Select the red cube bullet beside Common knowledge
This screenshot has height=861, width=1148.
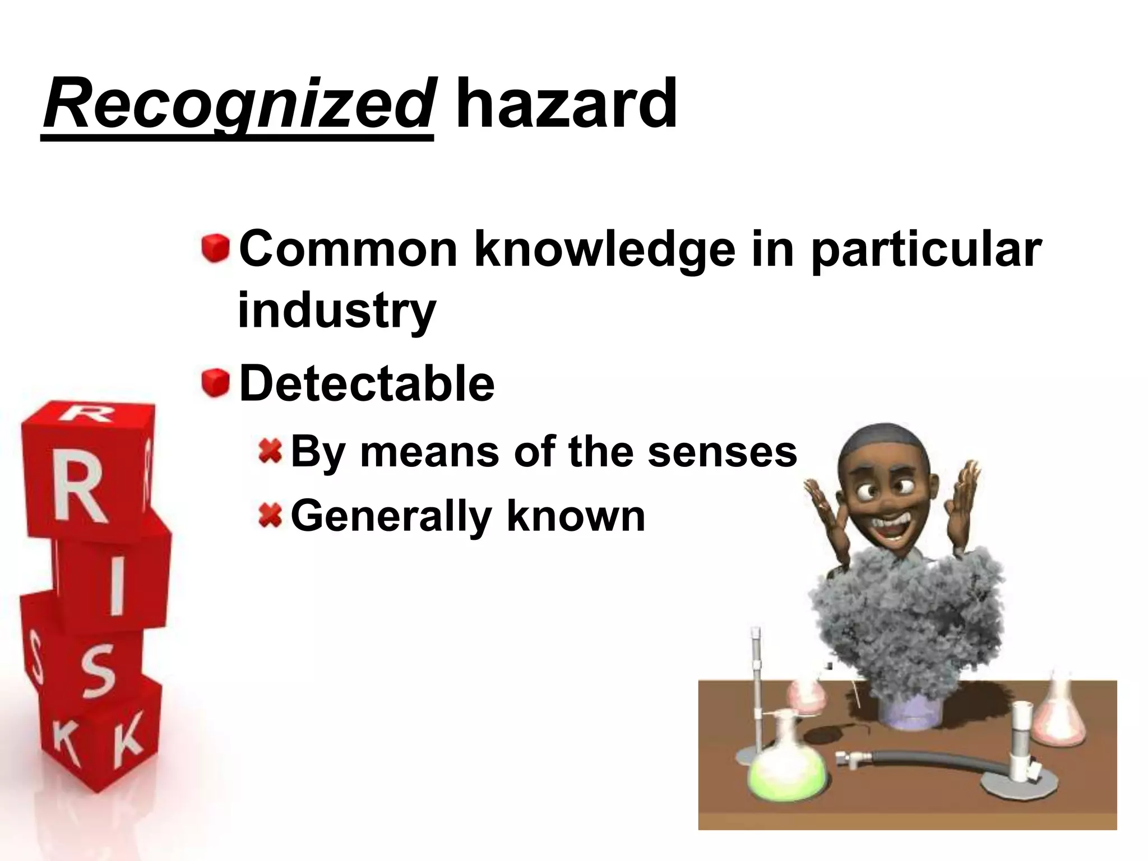coord(216,248)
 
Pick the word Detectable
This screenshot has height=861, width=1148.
coord(367,384)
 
